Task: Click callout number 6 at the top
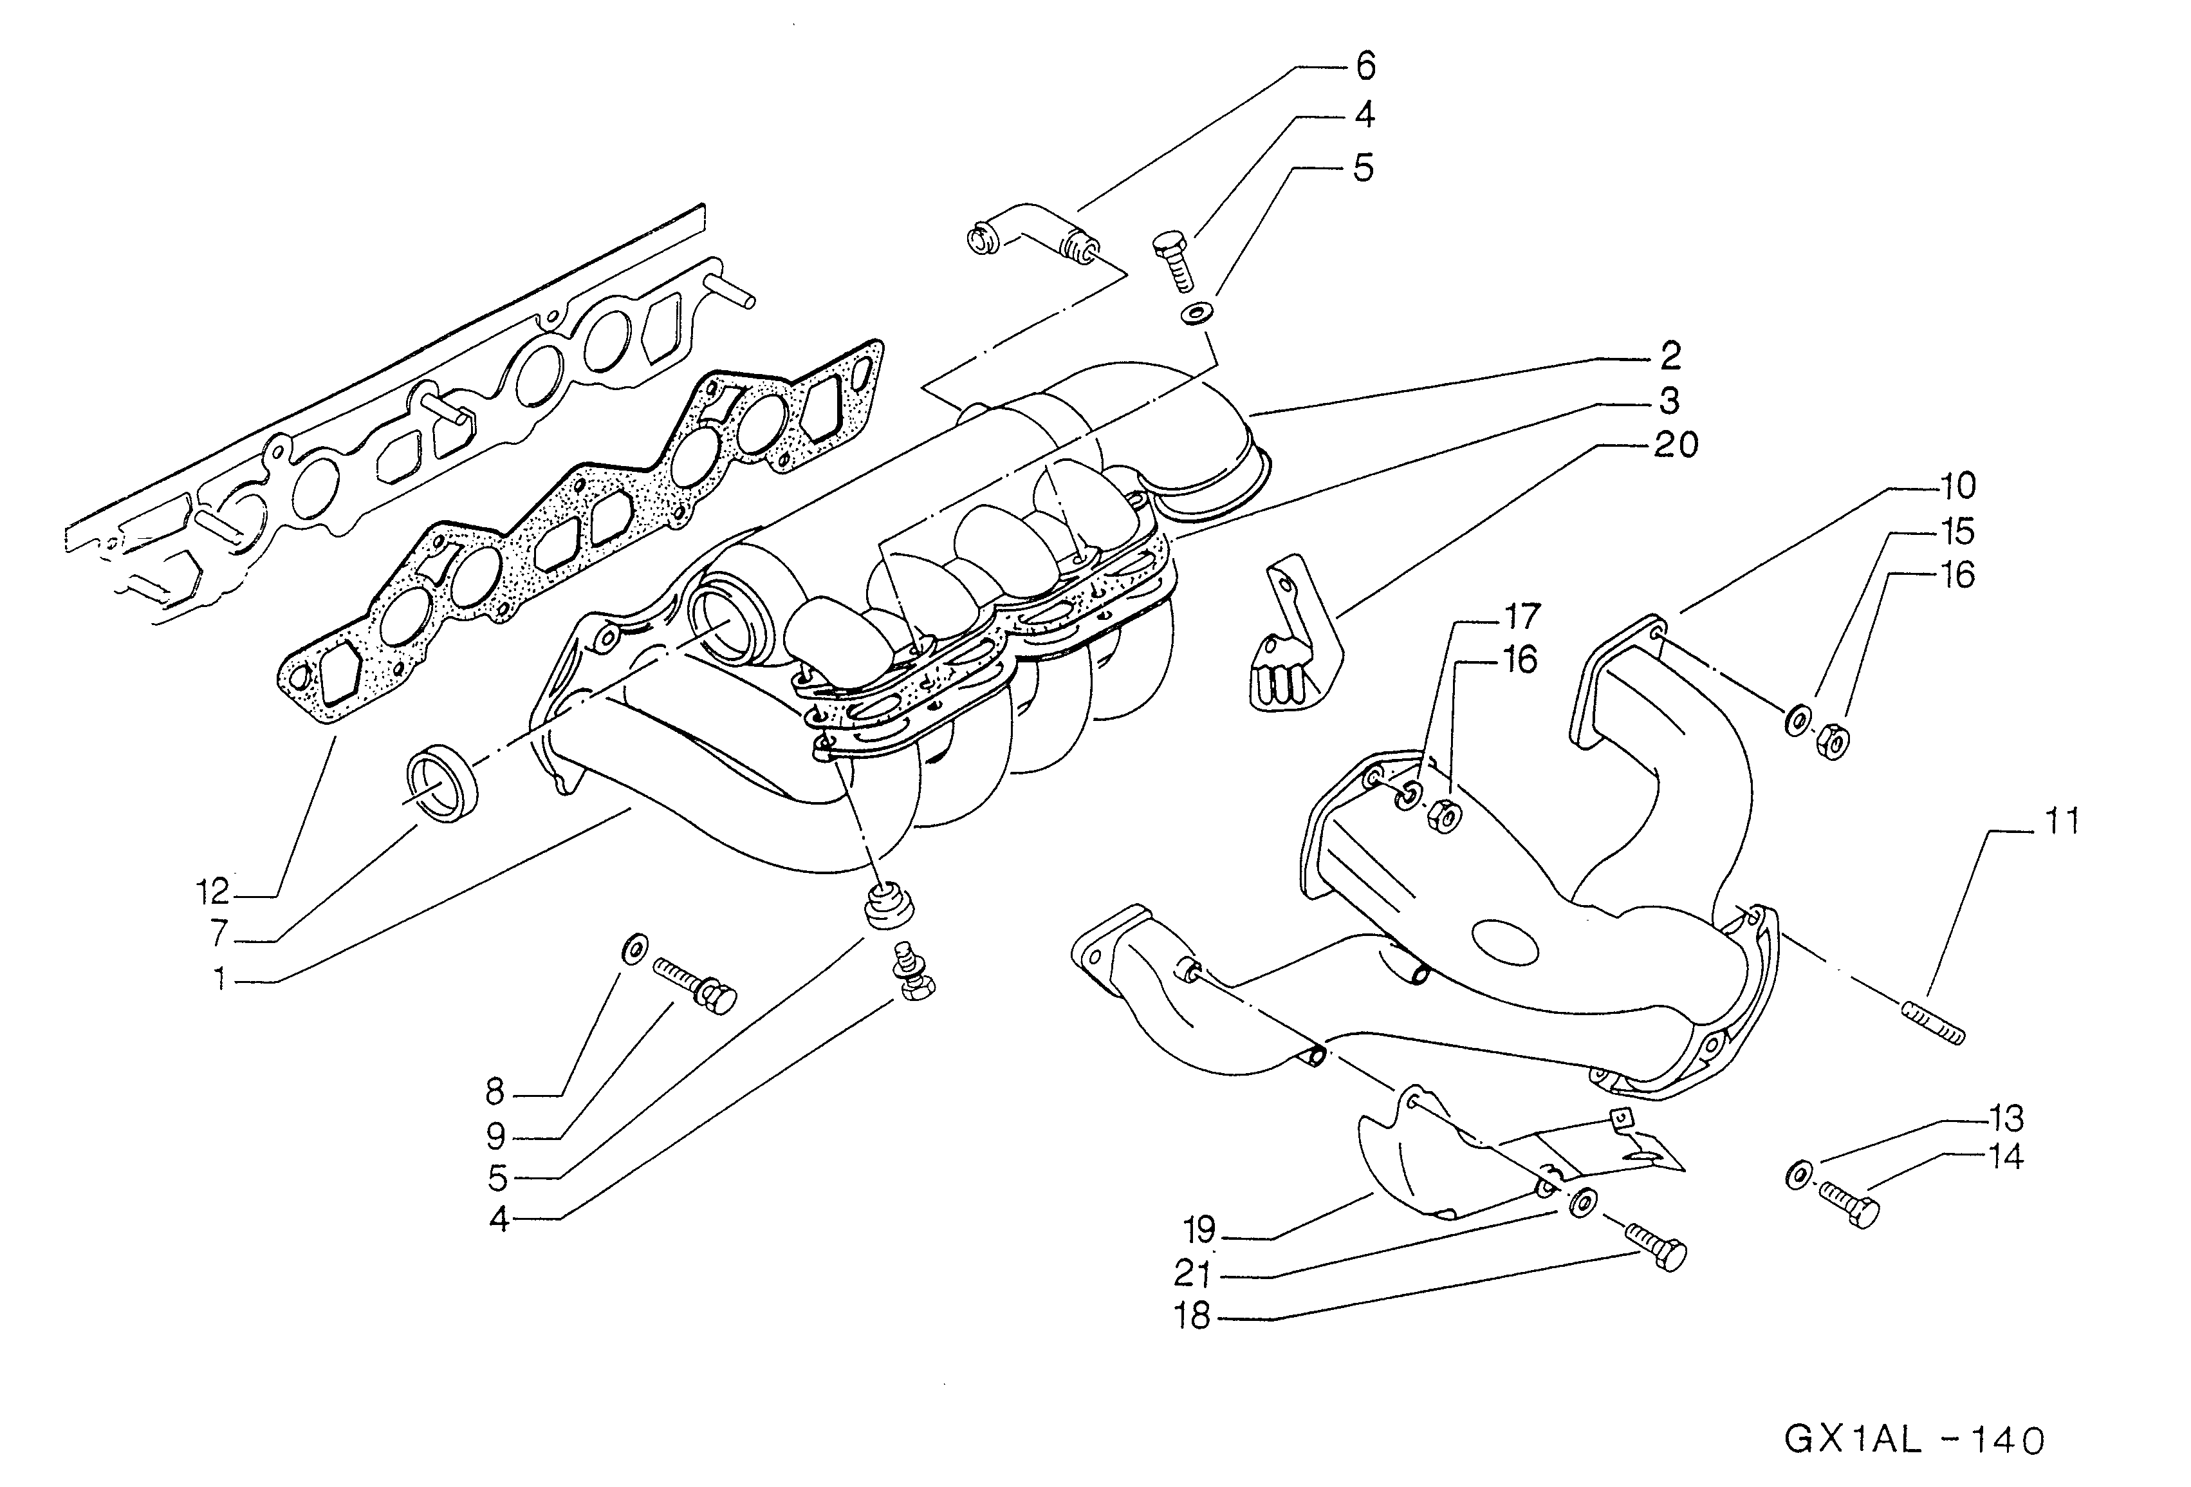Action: coord(1365,66)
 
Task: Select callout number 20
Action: coord(1676,444)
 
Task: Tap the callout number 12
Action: coord(212,891)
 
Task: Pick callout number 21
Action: coord(1192,1274)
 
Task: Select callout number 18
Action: coord(1192,1316)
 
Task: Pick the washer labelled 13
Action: coord(1797,1176)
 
